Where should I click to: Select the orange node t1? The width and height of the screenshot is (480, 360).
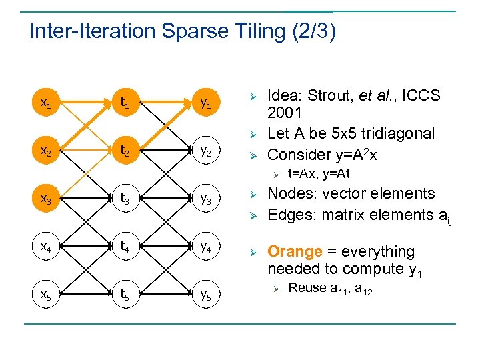click(125, 103)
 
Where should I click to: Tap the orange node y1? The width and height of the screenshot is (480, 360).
click(206, 103)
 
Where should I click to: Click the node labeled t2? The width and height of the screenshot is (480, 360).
click(125, 151)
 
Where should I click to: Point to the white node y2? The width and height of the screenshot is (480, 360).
click(206, 151)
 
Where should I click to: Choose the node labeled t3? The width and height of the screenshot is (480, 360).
click(125, 199)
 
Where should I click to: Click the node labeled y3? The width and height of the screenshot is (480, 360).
click(206, 199)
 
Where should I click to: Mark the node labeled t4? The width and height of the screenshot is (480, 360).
click(125, 247)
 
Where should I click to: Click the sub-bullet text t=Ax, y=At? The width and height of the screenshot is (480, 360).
click(318, 174)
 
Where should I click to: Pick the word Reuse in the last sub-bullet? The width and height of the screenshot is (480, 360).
click(307, 288)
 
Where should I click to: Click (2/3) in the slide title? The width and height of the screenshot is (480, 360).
click(314, 31)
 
